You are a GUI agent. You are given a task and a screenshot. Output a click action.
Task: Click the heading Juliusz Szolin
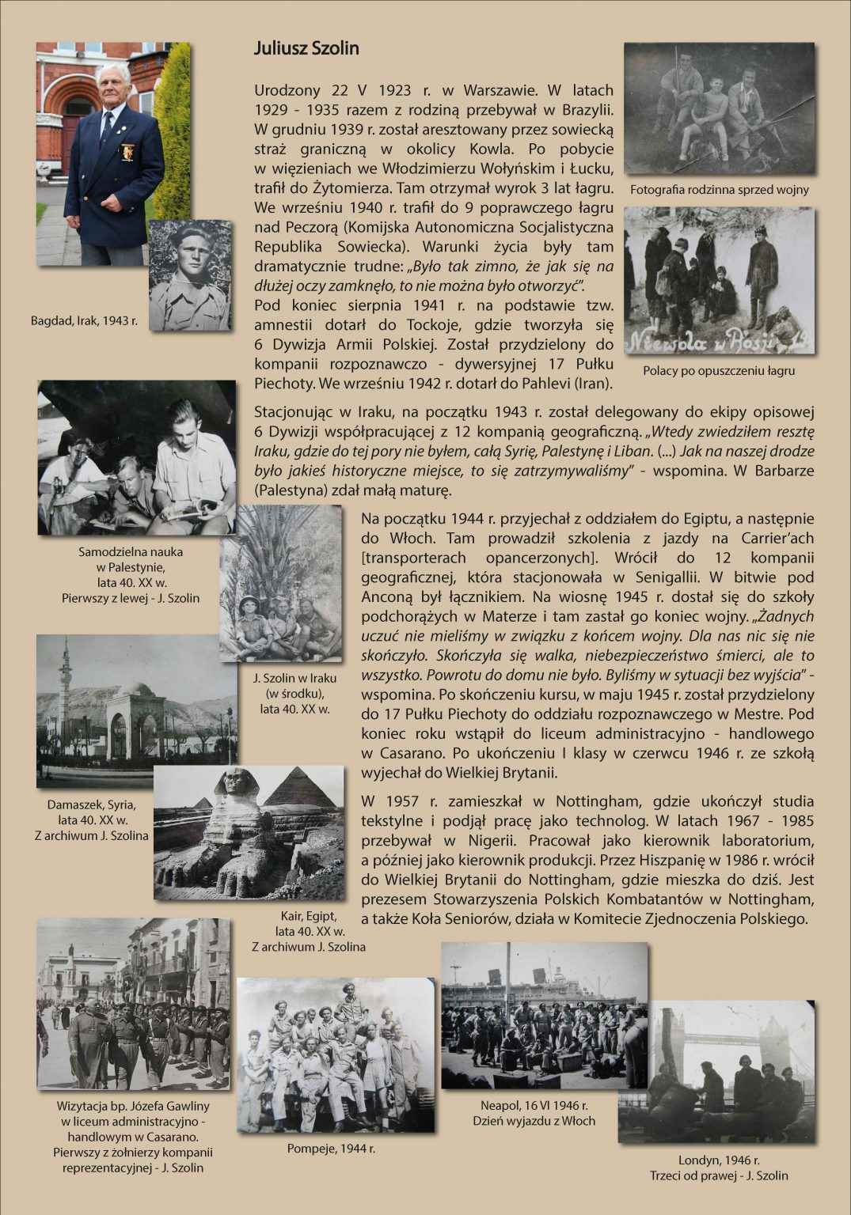coord(306,48)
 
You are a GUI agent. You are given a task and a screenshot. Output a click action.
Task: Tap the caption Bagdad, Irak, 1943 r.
coord(84,321)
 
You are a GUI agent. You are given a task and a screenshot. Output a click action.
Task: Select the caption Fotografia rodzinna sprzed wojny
coord(719,190)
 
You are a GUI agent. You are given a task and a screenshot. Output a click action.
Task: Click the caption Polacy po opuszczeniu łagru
coord(719,370)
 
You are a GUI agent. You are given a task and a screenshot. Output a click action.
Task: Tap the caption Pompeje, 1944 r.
coord(331,1148)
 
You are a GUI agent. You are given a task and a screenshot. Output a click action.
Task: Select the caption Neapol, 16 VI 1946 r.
coord(534,1105)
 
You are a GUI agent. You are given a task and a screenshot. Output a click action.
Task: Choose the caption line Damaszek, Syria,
coord(91,804)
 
